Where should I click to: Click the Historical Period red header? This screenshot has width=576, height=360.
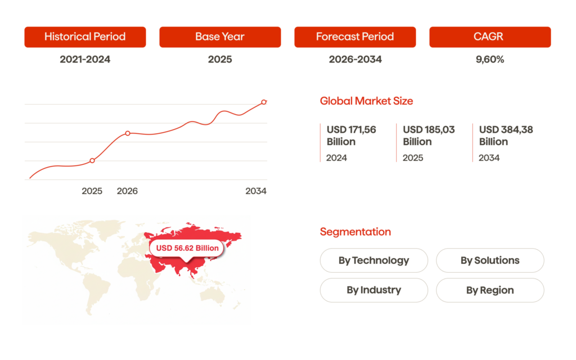pyautogui.click(x=85, y=37)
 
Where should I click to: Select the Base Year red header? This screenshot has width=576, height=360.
pyautogui.click(x=220, y=37)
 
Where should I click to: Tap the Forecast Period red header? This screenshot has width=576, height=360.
pyautogui.click(x=355, y=37)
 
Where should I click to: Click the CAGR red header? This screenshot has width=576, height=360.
pyautogui.click(x=490, y=37)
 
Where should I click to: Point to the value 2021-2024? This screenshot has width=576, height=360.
pyautogui.click(x=85, y=59)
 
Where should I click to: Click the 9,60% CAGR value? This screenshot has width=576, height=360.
pyautogui.click(x=490, y=59)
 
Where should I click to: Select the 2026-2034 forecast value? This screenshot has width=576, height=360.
pyautogui.click(x=355, y=59)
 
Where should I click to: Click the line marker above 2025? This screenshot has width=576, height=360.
pyautogui.click(x=92, y=161)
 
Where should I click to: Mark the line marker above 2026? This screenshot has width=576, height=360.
pyautogui.click(x=128, y=133)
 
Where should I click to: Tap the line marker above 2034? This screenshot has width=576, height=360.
pyautogui.click(x=264, y=102)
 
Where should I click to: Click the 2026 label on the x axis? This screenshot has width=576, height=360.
pyautogui.click(x=127, y=191)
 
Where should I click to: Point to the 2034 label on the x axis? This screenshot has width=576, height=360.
pyautogui.click(x=256, y=191)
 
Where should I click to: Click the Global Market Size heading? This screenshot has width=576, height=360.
pyautogui.click(x=366, y=101)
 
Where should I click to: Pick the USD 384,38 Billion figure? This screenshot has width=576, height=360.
pyautogui.click(x=506, y=136)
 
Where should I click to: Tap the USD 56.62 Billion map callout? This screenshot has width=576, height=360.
pyautogui.click(x=187, y=248)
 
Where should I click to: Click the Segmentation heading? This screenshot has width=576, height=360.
pyautogui.click(x=355, y=232)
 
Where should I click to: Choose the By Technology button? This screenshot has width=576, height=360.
pyautogui.click(x=373, y=260)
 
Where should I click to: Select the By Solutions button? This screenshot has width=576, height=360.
pyautogui.click(x=490, y=260)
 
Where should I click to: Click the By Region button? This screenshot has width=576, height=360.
pyautogui.click(x=490, y=290)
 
